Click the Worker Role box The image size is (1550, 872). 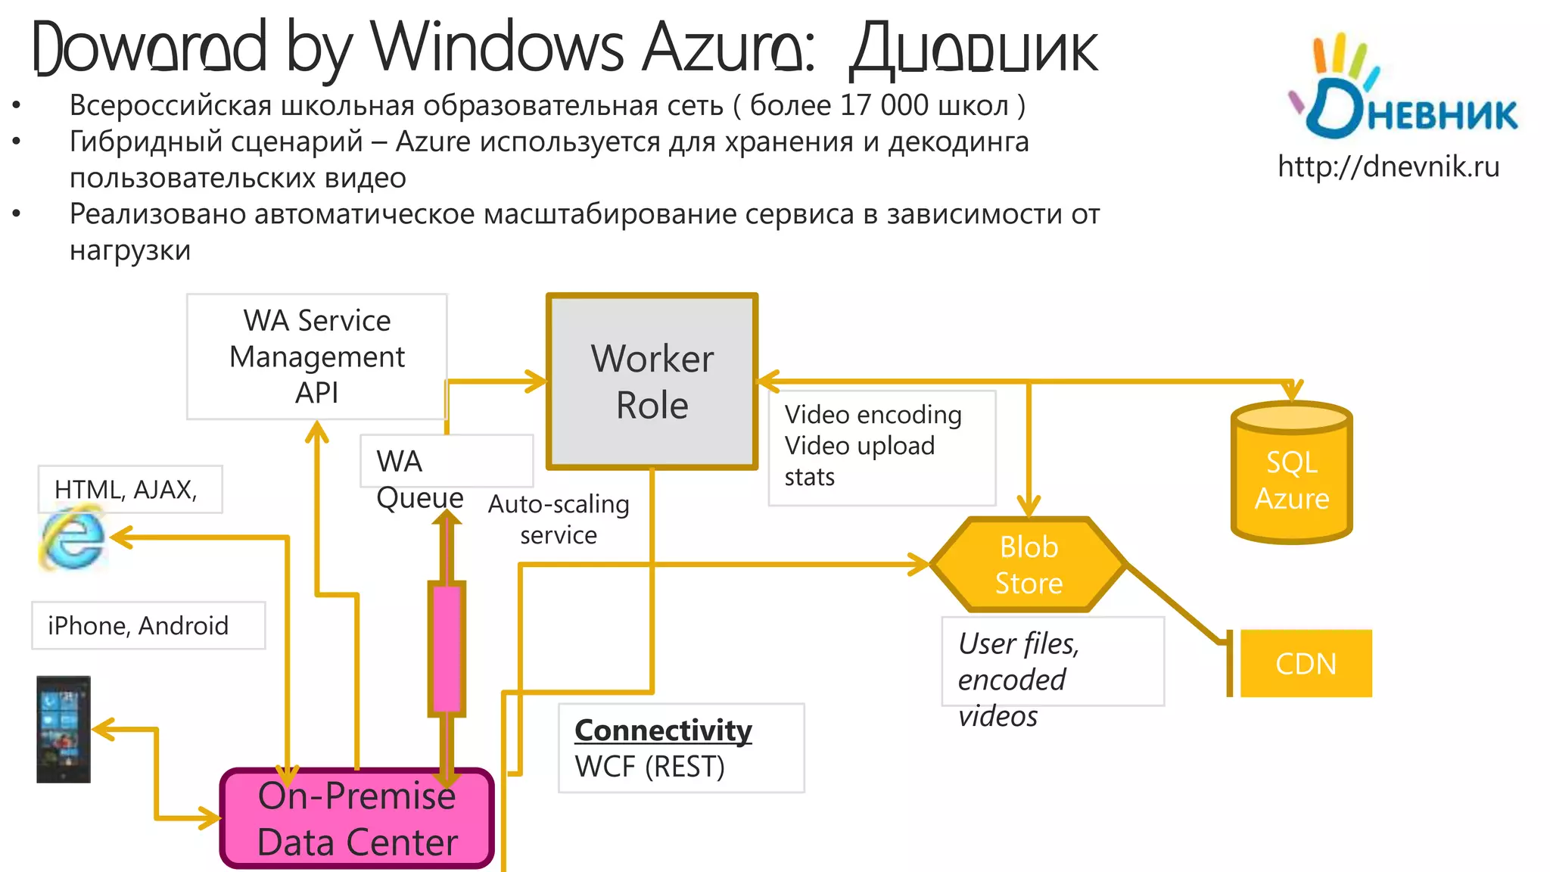coord(652,381)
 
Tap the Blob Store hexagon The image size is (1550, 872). coord(1029,565)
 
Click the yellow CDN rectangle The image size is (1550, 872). coord(1306,663)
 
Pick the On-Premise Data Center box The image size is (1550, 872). coord(356,819)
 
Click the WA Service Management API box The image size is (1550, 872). coord(316,357)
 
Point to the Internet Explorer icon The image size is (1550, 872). coord(72,539)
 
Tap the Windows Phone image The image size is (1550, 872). coord(64,729)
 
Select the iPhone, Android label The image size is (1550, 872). coord(138,626)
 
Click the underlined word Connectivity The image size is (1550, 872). coord(663,730)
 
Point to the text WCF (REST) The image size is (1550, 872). coord(649,767)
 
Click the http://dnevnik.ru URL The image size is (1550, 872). coord(1388,167)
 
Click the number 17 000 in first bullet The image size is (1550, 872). coord(883,105)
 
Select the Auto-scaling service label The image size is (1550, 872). coord(559,519)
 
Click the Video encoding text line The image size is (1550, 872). coord(873,415)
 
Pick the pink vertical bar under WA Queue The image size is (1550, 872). coord(447,648)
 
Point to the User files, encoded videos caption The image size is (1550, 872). coord(1018,679)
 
